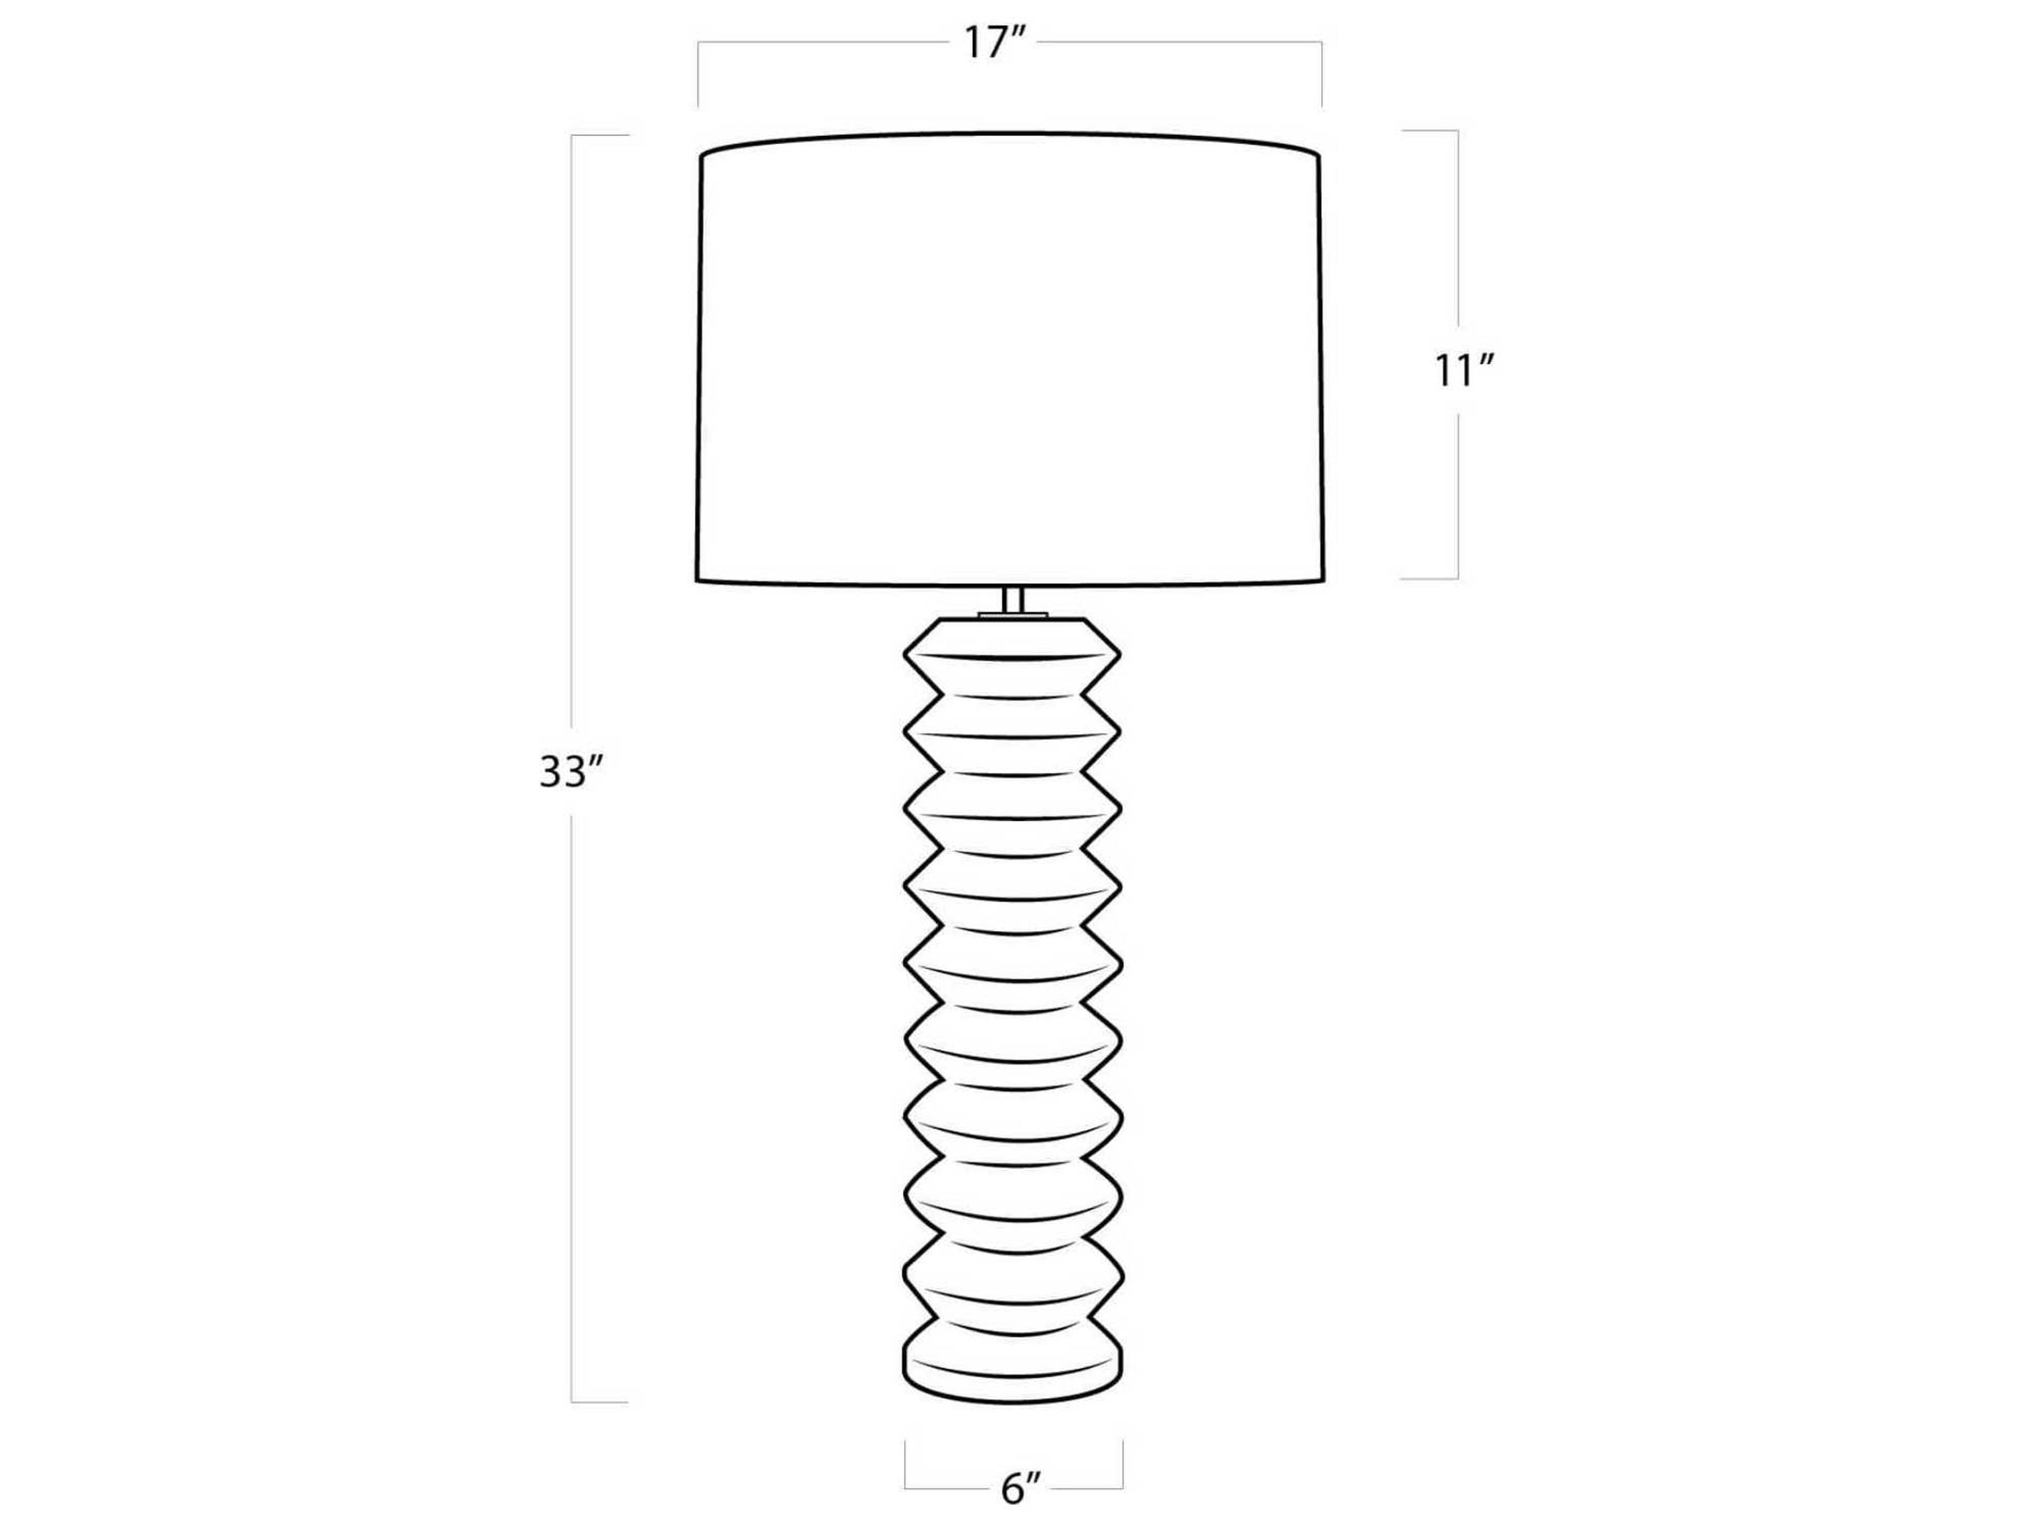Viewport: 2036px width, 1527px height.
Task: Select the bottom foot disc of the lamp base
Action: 1013,1372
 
